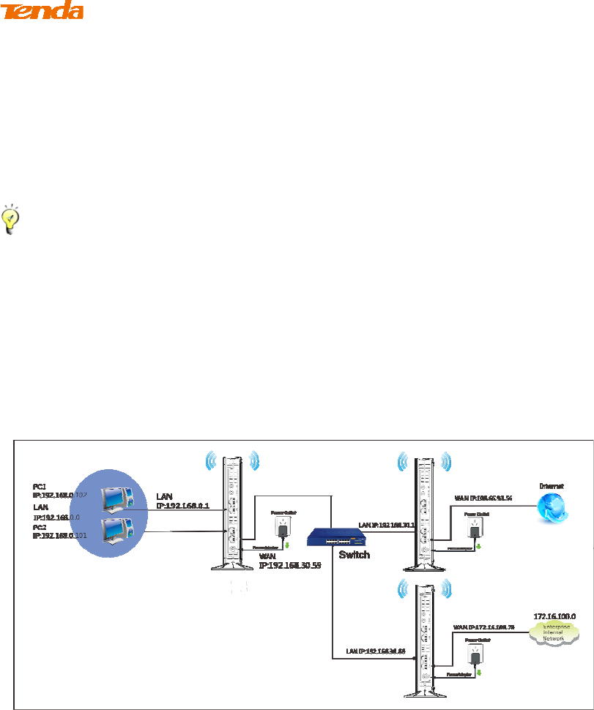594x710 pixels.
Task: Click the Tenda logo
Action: click(42, 10)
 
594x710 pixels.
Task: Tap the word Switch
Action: click(355, 555)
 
